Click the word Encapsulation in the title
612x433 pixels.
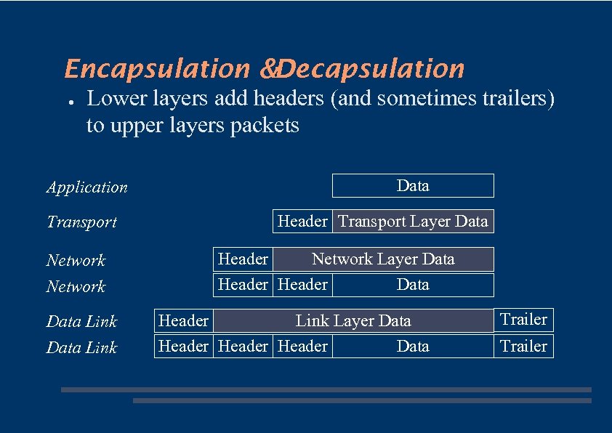[x=157, y=69]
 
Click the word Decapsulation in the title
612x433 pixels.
[x=370, y=69]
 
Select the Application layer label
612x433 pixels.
[x=87, y=187]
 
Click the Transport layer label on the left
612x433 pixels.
[x=81, y=222]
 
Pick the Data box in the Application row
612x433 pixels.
[x=413, y=186]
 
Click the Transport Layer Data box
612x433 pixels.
[x=413, y=222]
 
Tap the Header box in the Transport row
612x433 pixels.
[x=302, y=222]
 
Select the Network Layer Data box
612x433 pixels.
[x=383, y=259]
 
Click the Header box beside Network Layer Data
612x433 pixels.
[x=243, y=259]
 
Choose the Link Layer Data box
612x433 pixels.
[x=353, y=321]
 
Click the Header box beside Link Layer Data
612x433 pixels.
[x=183, y=321]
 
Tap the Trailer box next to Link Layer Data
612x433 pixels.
[x=523, y=320]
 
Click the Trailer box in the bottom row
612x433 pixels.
[x=523, y=347]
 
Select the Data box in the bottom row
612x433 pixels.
[x=413, y=347]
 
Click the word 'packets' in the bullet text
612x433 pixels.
[x=263, y=126]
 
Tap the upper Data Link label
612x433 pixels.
[x=81, y=322]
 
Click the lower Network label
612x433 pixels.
[x=76, y=287]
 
